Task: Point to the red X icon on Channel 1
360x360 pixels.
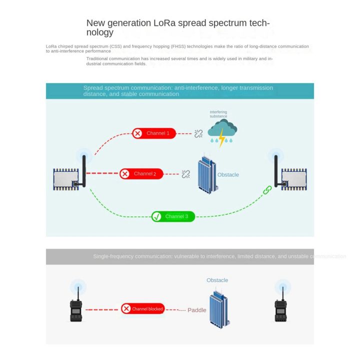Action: (137, 133)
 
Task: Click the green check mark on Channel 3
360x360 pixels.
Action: (157, 216)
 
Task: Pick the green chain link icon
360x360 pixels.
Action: (267, 190)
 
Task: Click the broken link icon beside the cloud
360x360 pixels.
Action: (198, 133)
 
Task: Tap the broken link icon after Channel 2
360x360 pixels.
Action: (186, 174)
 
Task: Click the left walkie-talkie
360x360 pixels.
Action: (76, 309)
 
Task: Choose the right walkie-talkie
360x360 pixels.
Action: (281, 309)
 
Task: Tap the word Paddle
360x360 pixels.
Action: (197, 310)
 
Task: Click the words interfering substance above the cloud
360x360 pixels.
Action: (218, 114)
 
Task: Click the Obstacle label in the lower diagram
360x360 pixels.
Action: (217, 280)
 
